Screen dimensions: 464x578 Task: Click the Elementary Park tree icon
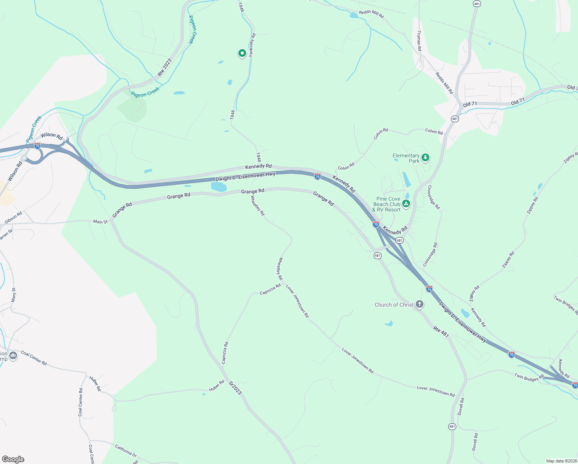(x=425, y=157)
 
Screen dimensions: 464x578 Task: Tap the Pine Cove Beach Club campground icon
(x=406, y=203)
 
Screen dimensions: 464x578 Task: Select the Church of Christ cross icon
(x=420, y=304)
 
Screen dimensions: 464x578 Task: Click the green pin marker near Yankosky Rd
(x=242, y=53)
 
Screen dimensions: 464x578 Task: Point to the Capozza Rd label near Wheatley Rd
(x=270, y=290)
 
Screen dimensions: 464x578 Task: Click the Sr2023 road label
(x=235, y=388)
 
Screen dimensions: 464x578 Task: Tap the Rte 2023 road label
(x=165, y=67)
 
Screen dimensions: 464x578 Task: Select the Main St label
(x=100, y=222)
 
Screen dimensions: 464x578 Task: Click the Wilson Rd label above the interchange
(x=51, y=135)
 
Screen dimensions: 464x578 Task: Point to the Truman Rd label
(x=419, y=41)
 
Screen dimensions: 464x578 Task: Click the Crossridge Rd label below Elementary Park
(x=433, y=197)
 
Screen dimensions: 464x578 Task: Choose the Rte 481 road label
(x=441, y=332)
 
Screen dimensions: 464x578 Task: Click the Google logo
(x=13, y=459)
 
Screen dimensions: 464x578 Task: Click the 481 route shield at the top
(x=477, y=3)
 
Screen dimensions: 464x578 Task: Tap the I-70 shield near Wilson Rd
(x=37, y=146)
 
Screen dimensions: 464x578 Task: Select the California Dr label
(x=126, y=450)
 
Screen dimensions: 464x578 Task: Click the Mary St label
(x=14, y=295)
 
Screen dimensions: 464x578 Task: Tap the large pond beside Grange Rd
(x=219, y=187)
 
